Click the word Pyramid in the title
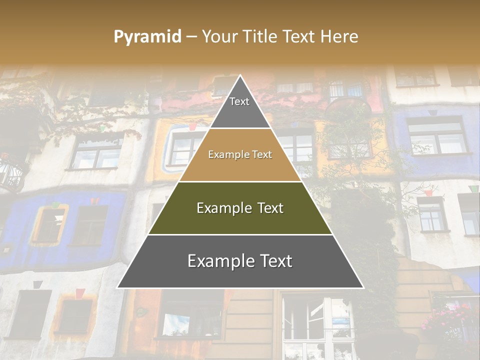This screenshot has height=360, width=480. pos(147,37)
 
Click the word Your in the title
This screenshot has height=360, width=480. pos(218,37)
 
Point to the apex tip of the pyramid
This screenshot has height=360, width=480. pos(240,76)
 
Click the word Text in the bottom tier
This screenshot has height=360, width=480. pos(275,261)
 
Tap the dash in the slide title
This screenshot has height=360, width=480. pos(191,37)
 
